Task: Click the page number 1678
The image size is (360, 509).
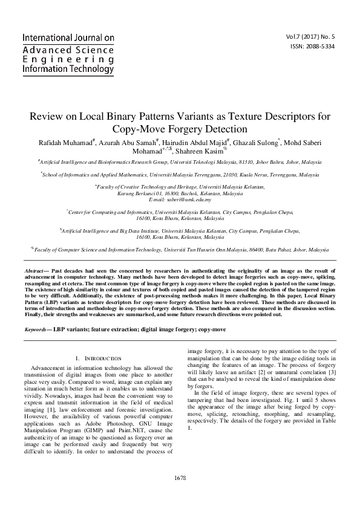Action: (180, 478)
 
